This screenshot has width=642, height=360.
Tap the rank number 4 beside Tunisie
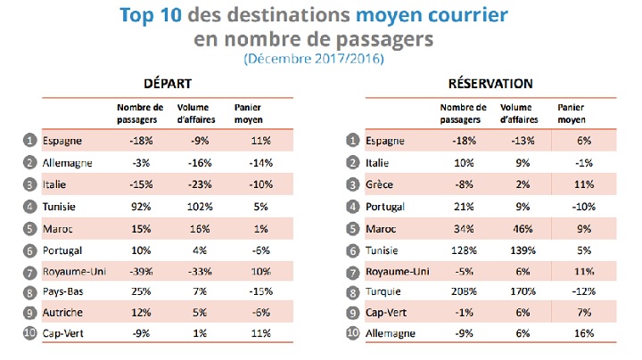[x=30, y=205]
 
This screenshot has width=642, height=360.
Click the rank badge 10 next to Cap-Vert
[x=30, y=335]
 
